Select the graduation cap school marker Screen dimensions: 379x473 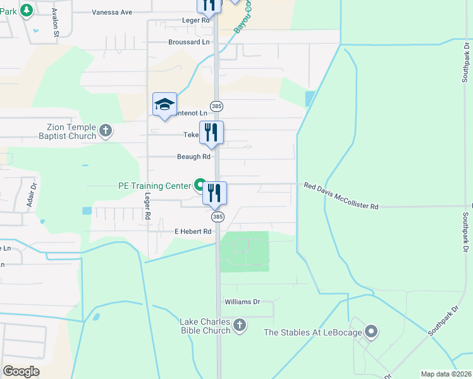(164, 105)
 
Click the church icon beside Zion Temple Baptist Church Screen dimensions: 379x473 (106, 131)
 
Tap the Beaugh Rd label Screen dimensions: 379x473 (193, 157)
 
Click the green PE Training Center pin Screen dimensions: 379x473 (200, 186)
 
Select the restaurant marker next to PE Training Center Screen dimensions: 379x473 (214, 193)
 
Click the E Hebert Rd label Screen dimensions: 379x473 (193, 232)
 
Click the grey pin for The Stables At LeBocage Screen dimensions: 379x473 (371, 332)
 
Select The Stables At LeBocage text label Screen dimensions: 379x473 (312, 332)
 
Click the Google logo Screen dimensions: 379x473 (21, 371)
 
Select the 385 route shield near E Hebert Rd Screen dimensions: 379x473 (217, 217)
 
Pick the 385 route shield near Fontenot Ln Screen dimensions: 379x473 (217, 105)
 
